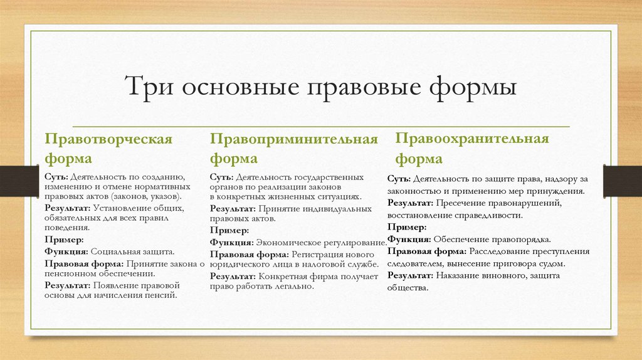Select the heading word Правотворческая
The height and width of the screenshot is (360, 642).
108,139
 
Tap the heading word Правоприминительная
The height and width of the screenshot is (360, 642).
294,139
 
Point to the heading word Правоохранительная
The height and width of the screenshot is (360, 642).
471,139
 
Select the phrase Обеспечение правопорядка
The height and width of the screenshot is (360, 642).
492,240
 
